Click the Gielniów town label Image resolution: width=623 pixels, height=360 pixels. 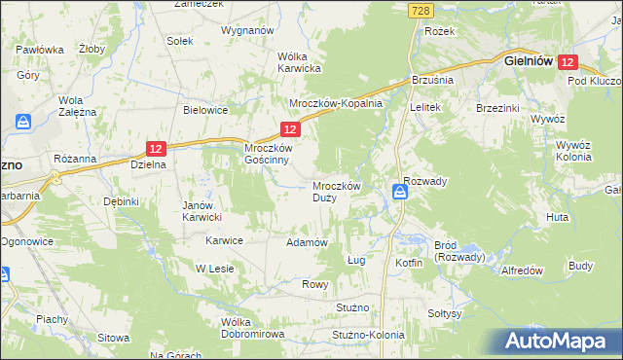[529, 60]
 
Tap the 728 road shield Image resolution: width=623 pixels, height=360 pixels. [420, 9]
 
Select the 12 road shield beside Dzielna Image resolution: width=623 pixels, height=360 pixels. [157, 148]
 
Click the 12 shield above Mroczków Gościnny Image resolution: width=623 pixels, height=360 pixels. [290, 128]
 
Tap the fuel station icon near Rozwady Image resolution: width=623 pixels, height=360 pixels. [400, 195]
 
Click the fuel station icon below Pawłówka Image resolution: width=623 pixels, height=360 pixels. [23, 123]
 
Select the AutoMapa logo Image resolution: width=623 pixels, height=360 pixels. [560, 341]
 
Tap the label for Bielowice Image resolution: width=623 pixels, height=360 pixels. [205, 110]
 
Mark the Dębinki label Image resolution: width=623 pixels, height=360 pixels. [123, 201]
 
